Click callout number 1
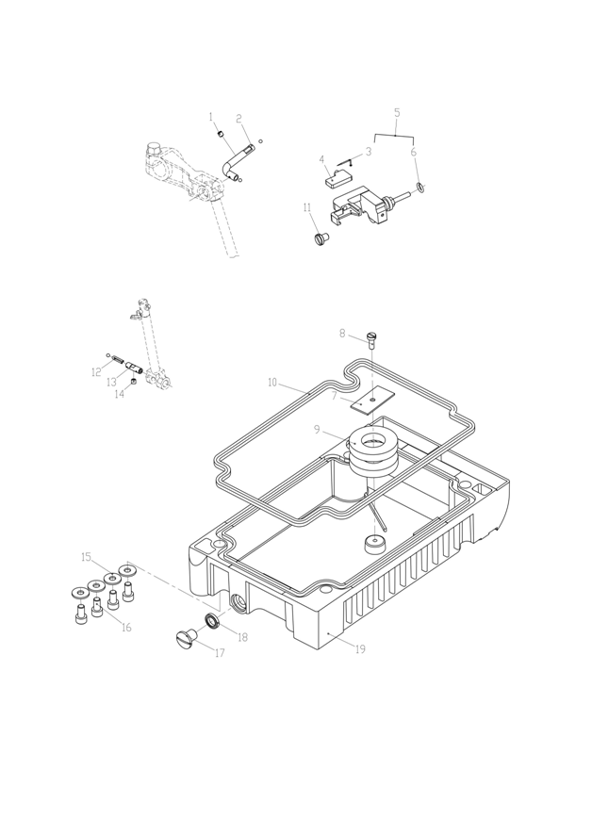(211, 117)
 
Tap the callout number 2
(239, 119)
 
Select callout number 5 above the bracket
(397, 112)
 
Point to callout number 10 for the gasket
(273, 384)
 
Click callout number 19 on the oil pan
(359, 649)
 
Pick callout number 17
(220, 653)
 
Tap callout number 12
(96, 372)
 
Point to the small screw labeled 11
(320, 237)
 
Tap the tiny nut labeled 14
(134, 383)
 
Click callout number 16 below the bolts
(125, 628)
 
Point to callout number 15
(85, 556)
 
